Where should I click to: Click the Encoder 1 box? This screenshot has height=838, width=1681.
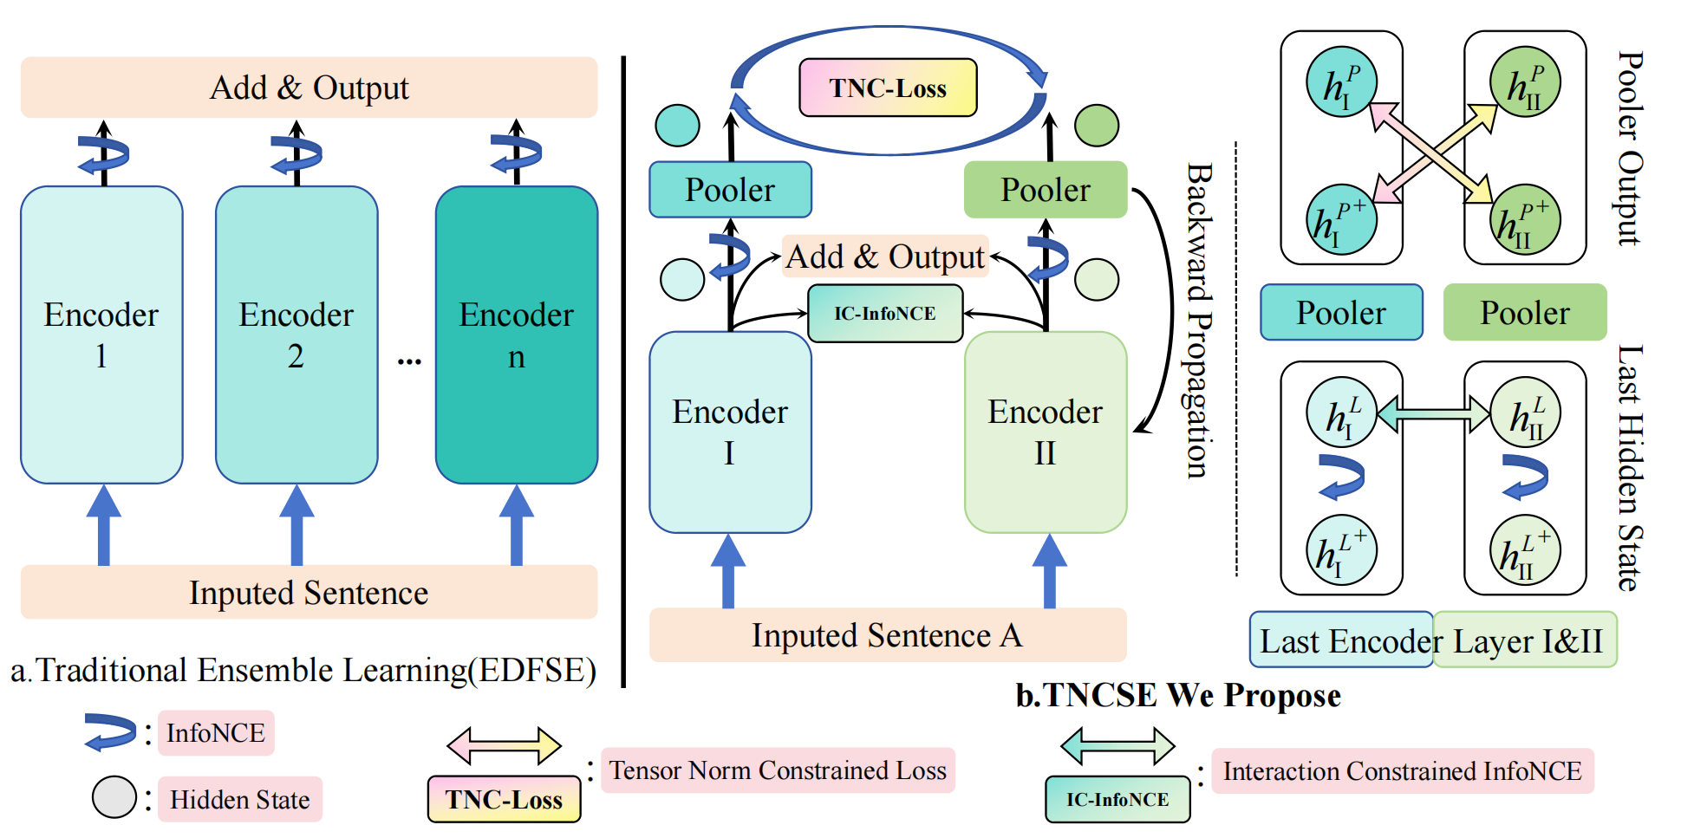coord(101,335)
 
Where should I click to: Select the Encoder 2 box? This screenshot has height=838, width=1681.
coord(296,335)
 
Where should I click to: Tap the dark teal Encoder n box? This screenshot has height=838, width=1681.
coord(517,335)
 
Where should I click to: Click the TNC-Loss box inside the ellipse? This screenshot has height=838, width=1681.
coord(888,88)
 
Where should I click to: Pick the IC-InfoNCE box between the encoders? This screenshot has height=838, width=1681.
coord(885,314)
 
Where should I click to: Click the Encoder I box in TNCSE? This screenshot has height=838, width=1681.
coord(730,432)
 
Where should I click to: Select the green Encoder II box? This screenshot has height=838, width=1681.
coord(1046,432)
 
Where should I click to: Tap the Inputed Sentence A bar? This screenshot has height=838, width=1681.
coord(887,635)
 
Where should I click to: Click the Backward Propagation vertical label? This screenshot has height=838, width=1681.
coord(1197,321)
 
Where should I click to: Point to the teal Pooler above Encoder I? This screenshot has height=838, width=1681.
coord(730,190)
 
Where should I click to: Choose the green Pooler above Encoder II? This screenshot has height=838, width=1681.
coord(1046,190)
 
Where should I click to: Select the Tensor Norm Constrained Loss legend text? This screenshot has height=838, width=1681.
coord(778,770)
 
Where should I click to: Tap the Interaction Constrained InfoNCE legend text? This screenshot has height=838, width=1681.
coord(1402,771)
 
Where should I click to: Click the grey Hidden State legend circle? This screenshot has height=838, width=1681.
coord(114,797)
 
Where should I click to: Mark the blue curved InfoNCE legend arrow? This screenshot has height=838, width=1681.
coord(110,731)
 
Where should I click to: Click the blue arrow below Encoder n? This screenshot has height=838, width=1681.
coord(517,525)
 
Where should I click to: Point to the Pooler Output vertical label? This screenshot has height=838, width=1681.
coord(1630,148)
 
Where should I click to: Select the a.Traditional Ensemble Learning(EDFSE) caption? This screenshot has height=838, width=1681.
coord(303,671)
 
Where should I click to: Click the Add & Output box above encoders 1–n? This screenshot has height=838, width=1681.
coord(309,88)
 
